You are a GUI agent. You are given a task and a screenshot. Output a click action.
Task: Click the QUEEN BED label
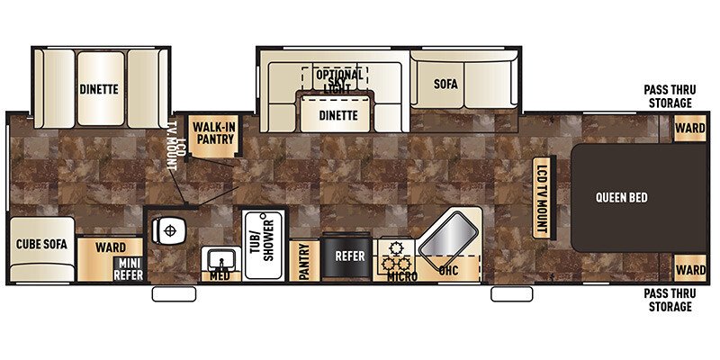click(x=621, y=197)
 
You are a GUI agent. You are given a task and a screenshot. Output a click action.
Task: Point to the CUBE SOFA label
click(x=41, y=244)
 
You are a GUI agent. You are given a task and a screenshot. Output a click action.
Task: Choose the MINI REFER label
click(x=128, y=268)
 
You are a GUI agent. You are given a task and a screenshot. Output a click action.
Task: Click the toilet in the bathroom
click(x=169, y=231)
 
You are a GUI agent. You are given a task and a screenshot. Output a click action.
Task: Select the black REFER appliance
click(x=350, y=256)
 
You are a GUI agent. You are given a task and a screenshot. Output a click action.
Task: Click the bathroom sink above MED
click(x=219, y=260)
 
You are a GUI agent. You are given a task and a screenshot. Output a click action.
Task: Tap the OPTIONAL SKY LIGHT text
click(x=339, y=80)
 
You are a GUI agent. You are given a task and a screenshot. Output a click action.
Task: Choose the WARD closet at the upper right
click(x=690, y=129)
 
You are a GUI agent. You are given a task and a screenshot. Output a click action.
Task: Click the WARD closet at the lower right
click(x=690, y=269)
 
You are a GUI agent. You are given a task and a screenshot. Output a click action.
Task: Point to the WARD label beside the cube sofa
click(x=110, y=246)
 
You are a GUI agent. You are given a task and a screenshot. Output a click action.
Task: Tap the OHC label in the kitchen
click(x=449, y=269)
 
